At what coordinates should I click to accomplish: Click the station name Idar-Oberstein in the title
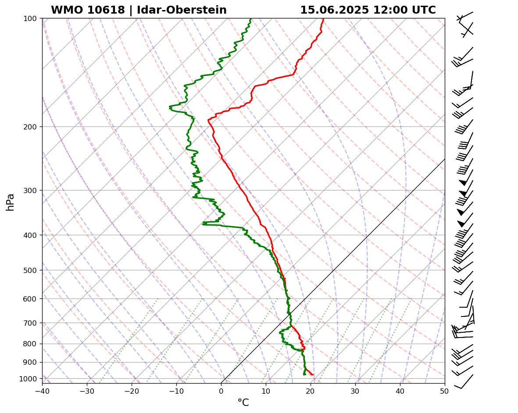tap(182, 10)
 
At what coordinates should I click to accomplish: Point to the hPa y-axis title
tap(10, 202)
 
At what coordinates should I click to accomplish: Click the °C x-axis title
tap(243, 403)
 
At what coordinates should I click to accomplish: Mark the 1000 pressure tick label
tap(29, 379)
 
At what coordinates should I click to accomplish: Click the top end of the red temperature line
tap(323, 19)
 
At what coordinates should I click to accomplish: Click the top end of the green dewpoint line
tap(250, 19)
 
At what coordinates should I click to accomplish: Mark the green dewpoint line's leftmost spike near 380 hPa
tap(203, 223)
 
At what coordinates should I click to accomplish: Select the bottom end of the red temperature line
tap(313, 374)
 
